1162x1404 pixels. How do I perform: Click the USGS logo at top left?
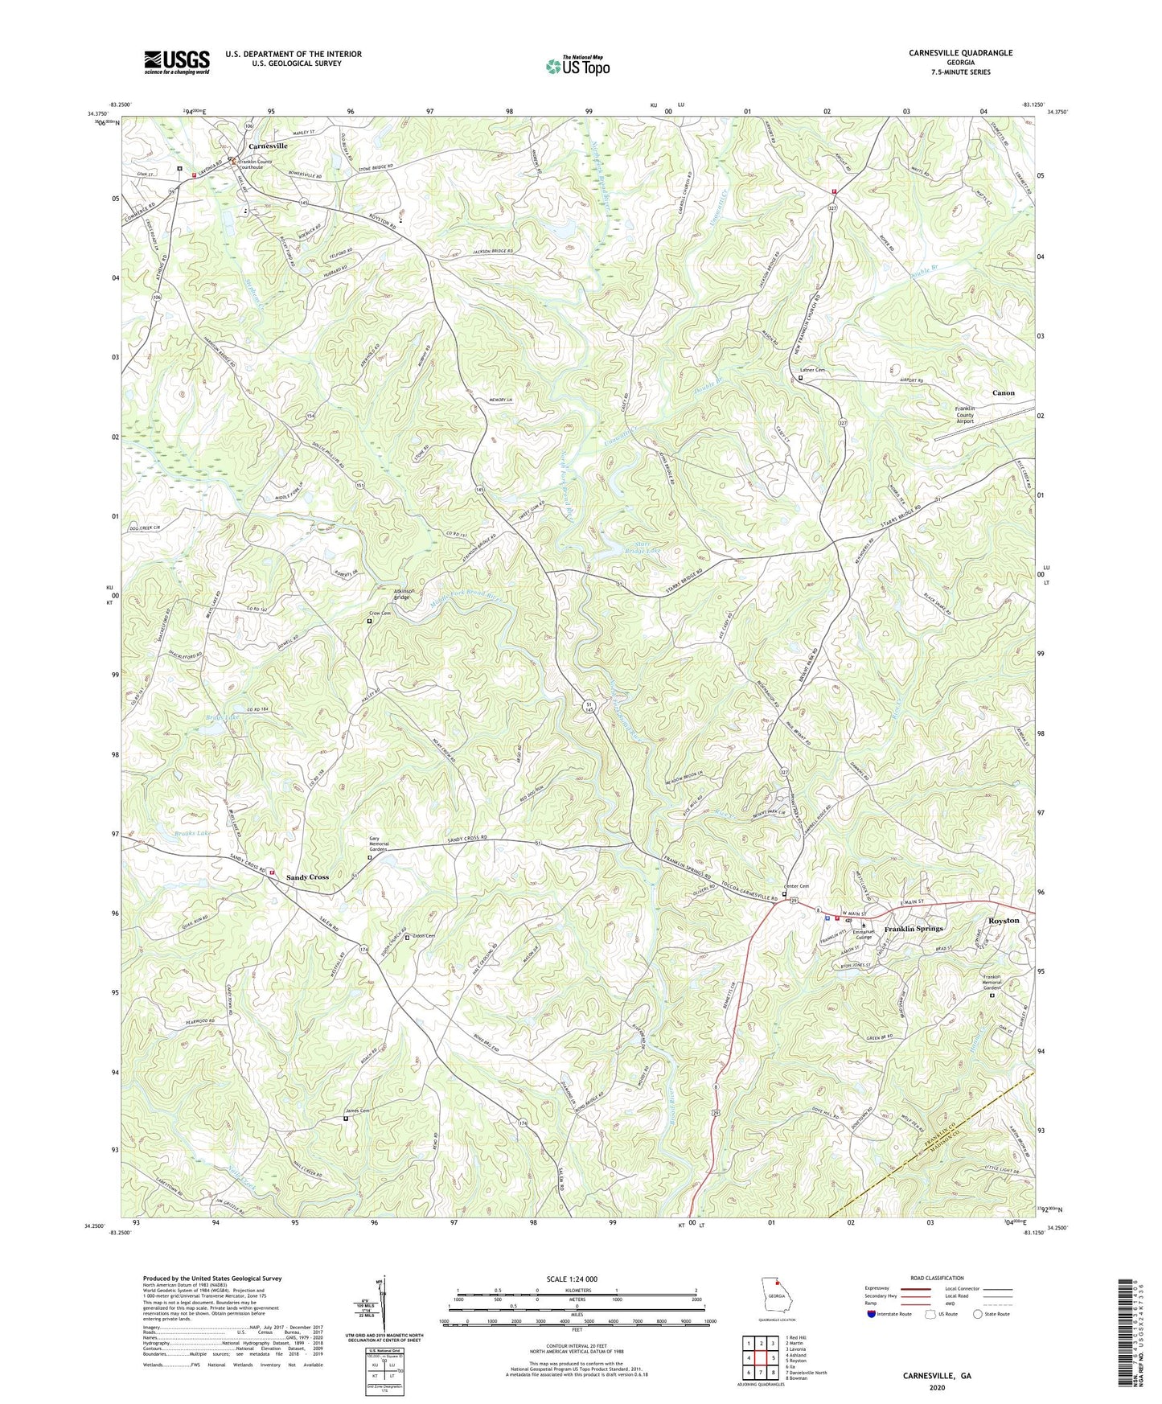[x=177, y=62]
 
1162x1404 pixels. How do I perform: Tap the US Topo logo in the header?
[x=577, y=66]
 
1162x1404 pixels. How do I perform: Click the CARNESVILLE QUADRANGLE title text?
[x=960, y=53]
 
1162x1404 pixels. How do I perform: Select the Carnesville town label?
[x=268, y=146]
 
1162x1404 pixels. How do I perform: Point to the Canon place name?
[x=1003, y=393]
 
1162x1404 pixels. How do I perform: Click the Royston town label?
[x=1003, y=920]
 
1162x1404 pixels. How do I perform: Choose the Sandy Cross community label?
[x=307, y=876]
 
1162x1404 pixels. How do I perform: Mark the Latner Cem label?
[x=813, y=370]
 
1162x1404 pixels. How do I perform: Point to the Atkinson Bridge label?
[x=402, y=594]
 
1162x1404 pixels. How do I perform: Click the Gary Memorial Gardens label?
[x=378, y=844]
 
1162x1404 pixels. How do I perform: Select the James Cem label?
[x=359, y=1111]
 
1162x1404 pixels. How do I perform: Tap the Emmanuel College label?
[x=864, y=934]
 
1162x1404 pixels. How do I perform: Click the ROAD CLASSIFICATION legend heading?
[x=937, y=1278]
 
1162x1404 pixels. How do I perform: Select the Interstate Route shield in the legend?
[x=871, y=1314]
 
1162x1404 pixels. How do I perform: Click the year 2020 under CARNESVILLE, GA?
[x=937, y=1387]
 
